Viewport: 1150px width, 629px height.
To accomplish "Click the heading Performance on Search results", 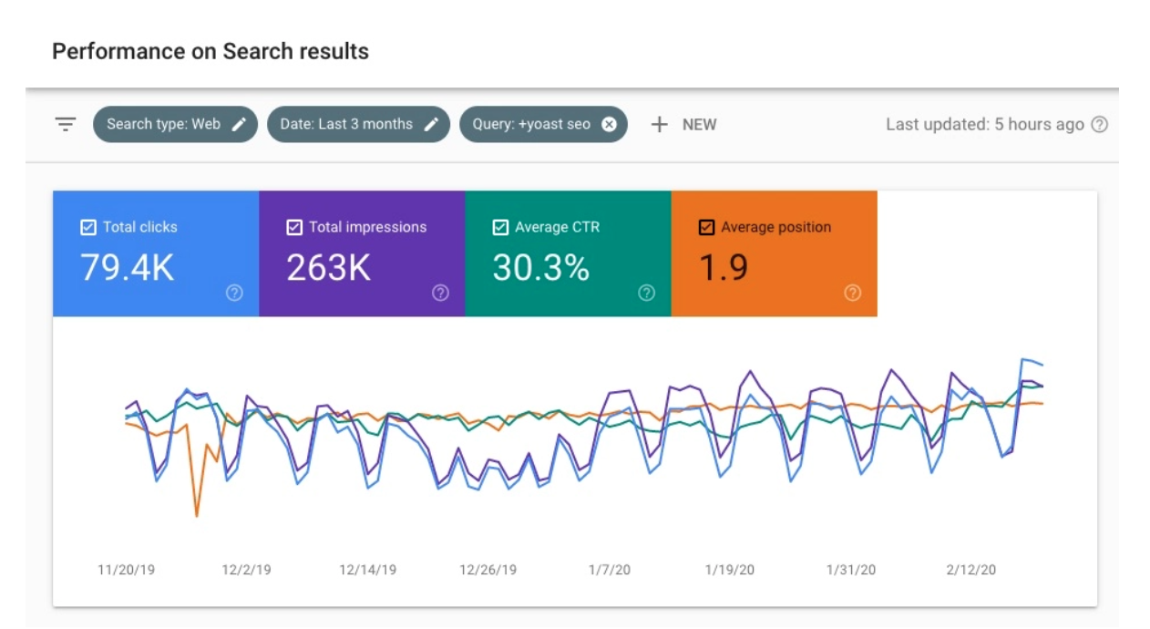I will coord(210,51).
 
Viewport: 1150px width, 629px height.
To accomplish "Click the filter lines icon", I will coord(66,124).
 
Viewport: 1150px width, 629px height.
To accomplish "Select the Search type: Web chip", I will coord(164,124).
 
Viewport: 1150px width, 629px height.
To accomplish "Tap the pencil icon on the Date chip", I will coord(432,124).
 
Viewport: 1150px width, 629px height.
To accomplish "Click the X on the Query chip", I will coord(609,124).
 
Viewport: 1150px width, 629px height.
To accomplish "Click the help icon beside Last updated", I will coord(1100,124).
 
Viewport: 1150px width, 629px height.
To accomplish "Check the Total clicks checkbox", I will coord(88,227).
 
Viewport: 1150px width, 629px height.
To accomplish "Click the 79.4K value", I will coord(127,268).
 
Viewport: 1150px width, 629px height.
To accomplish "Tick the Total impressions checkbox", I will coord(294,227).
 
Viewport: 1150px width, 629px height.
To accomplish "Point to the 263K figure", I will coord(328,268).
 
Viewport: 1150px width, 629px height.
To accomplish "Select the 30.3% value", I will coord(540,268).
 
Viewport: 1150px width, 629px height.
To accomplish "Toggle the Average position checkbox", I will coord(706,227).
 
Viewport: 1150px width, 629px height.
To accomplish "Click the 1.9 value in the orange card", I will coord(723,268).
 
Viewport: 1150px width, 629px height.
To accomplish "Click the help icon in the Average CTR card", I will coord(646,293).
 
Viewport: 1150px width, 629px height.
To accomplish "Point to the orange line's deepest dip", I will coord(197,516).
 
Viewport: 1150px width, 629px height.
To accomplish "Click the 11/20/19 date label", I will coord(127,570).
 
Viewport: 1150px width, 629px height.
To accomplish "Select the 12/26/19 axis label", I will coord(488,570).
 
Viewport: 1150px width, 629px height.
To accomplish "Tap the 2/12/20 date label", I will coord(970,570).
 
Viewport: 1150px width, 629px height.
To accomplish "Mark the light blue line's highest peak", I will coord(1024,359).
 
